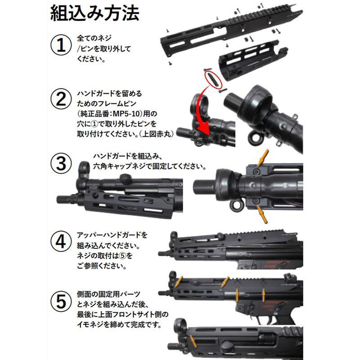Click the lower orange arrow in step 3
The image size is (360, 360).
263,215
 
